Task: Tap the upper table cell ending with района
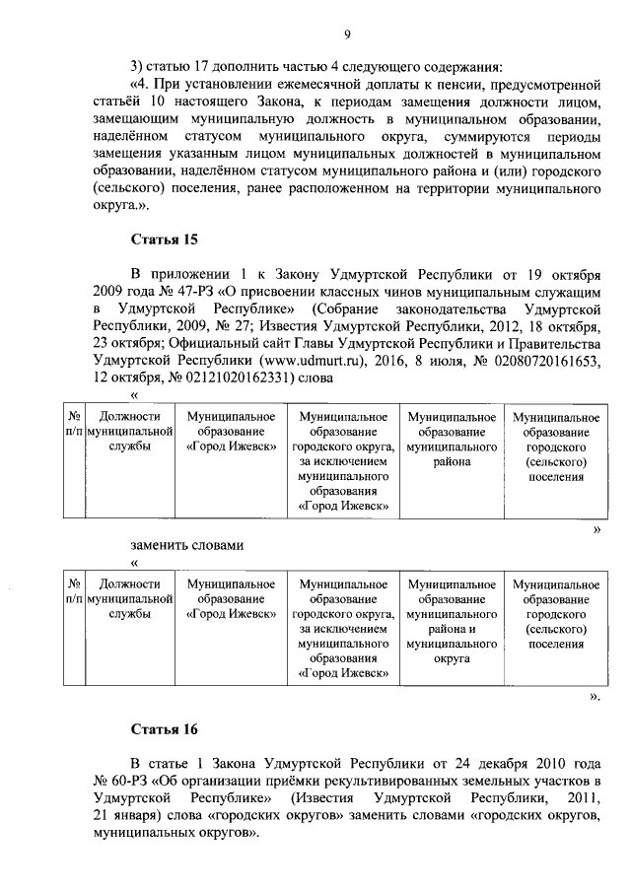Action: tap(451, 440)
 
